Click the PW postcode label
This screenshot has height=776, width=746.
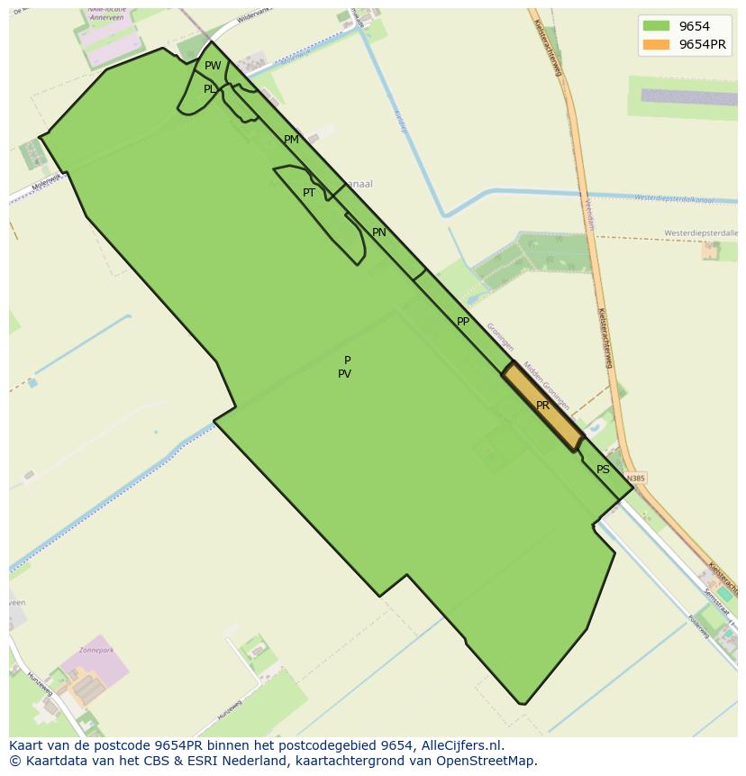[x=213, y=66]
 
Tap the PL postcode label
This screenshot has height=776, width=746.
[x=210, y=89]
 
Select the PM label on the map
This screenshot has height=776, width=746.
[x=291, y=140]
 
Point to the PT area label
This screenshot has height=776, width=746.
[x=309, y=193]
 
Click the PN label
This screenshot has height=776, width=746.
[x=379, y=233]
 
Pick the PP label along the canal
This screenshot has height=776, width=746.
[x=463, y=322]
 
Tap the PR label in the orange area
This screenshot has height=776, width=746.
[x=542, y=406]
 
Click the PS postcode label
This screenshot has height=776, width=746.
[x=603, y=470]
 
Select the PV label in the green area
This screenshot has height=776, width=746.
[x=344, y=374]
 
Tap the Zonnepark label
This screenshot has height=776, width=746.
[x=97, y=648]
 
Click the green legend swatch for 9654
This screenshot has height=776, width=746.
[x=657, y=26]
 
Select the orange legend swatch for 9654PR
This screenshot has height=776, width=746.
[x=657, y=44]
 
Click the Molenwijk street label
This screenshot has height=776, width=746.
[x=45, y=180]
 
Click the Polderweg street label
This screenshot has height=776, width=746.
[x=698, y=626]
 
